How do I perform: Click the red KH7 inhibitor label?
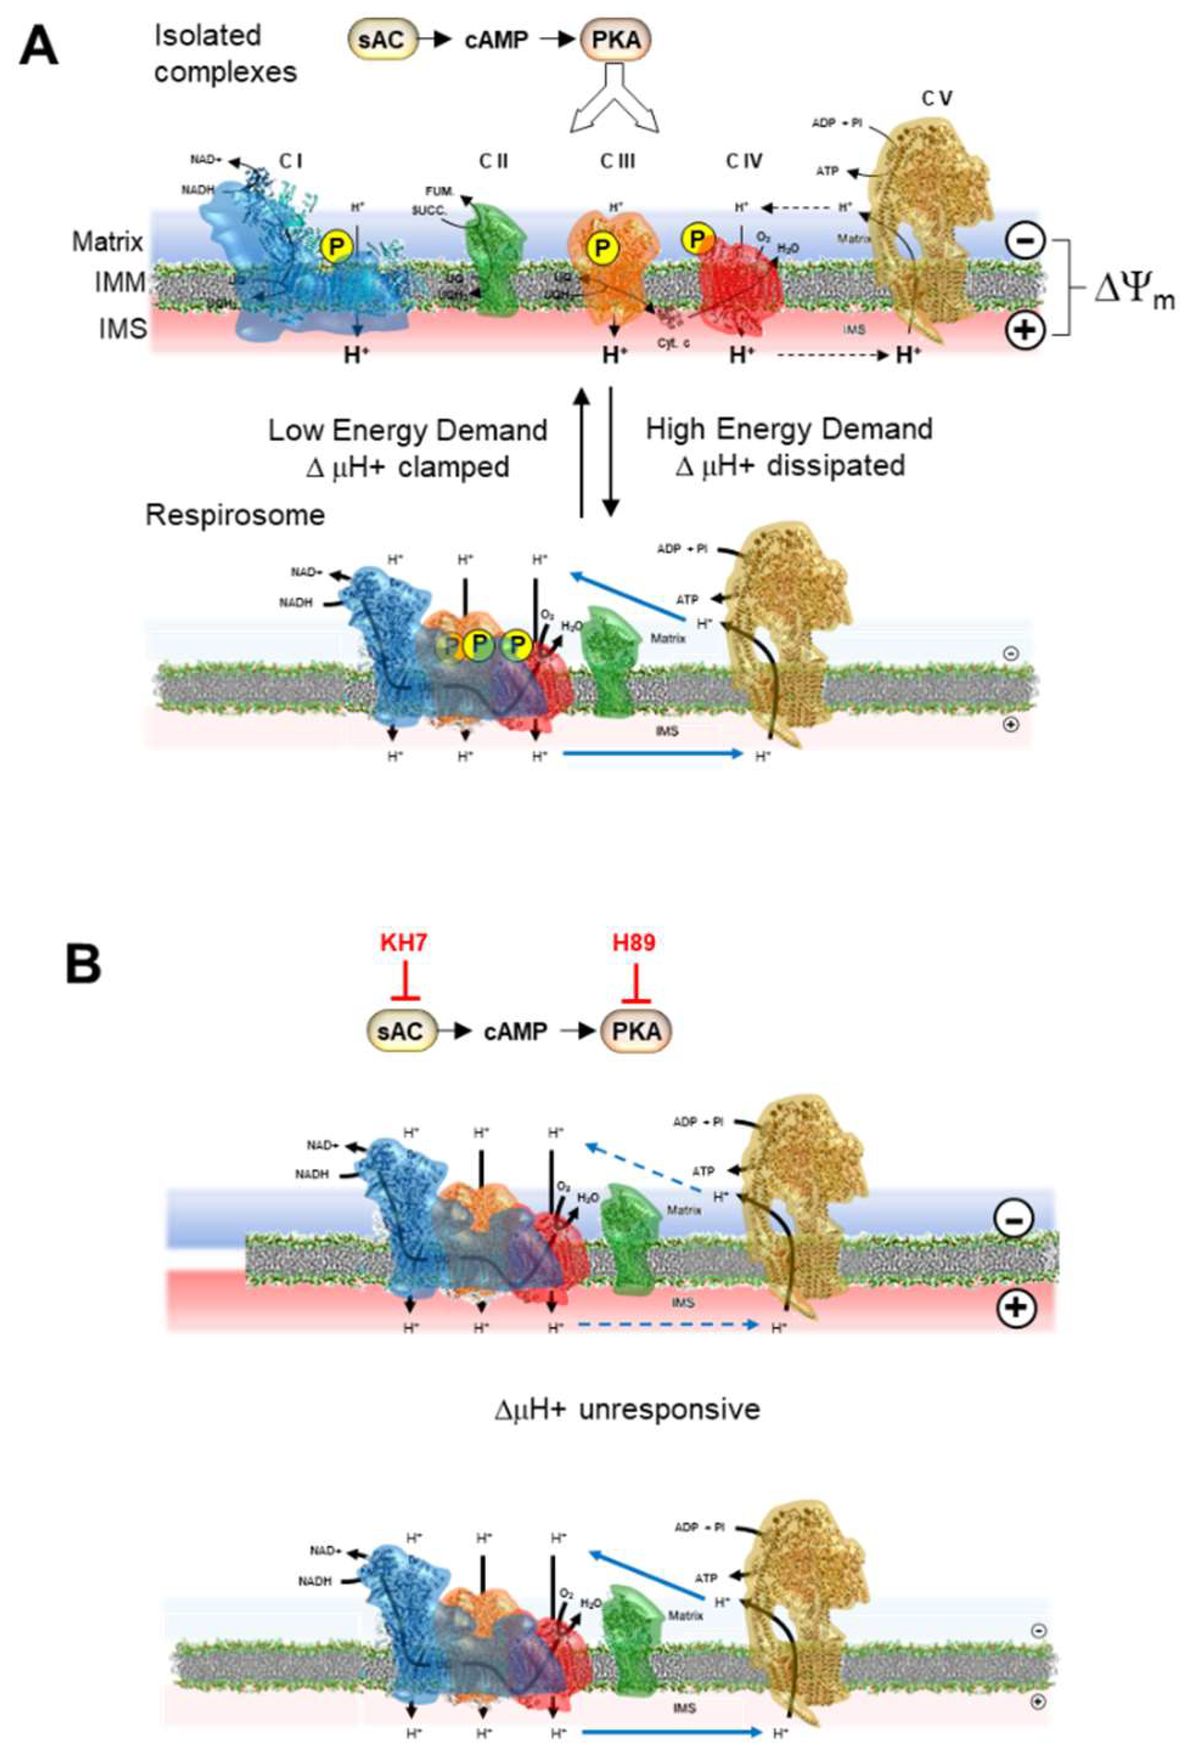click(x=403, y=943)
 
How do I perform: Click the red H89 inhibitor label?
click(x=633, y=943)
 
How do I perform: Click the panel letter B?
click(x=83, y=965)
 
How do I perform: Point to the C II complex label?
click(x=494, y=161)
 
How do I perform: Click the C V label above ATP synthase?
click(x=937, y=98)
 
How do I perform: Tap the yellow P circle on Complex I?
click(x=337, y=247)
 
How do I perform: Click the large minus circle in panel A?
click(x=1024, y=241)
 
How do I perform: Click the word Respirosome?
click(x=235, y=515)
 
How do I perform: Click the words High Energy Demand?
click(x=790, y=430)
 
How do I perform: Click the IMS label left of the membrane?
click(x=122, y=329)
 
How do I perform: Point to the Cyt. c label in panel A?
click(x=673, y=343)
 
